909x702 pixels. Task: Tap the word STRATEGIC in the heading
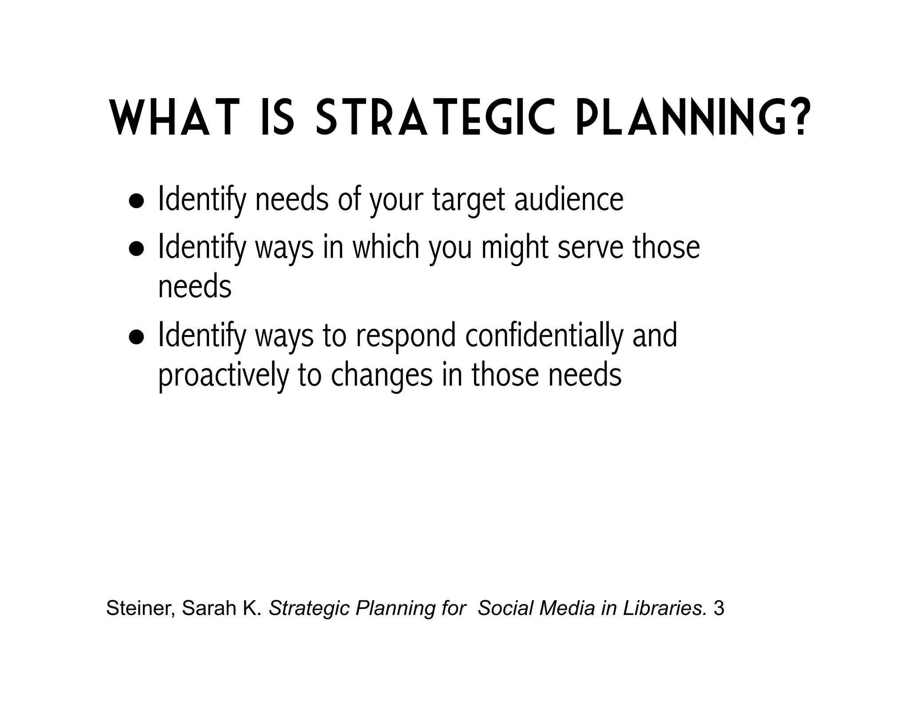435,118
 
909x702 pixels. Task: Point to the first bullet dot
136,201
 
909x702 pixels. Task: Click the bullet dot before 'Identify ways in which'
136,249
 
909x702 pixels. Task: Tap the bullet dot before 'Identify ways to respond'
136,337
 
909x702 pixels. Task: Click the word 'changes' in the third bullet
382,376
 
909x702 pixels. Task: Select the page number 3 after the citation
719,608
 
